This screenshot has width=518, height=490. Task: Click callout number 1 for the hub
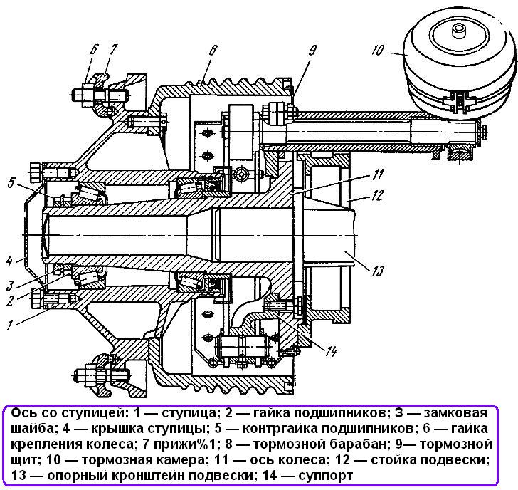pos(10,325)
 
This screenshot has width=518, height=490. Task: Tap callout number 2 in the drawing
pos(10,301)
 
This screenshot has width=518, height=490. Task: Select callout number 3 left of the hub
pos(10,286)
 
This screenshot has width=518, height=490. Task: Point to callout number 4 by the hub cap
pos(9,261)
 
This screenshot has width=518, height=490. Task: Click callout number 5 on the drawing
pos(11,183)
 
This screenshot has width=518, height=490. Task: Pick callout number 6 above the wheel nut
pos(94,50)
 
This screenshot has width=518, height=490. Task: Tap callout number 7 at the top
pos(112,50)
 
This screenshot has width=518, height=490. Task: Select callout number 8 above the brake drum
pos(213,51)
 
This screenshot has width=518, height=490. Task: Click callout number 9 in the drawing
pos(312,51)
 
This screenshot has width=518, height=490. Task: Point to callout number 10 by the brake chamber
pos(378,50)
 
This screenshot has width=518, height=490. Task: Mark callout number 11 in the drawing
pos(377,174)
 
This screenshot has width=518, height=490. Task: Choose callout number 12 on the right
pos(377,195)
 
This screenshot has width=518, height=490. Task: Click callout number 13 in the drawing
pos(377,271)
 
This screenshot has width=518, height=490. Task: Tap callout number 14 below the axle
pos(330,351)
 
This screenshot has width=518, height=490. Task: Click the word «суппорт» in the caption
pos(325,476)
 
